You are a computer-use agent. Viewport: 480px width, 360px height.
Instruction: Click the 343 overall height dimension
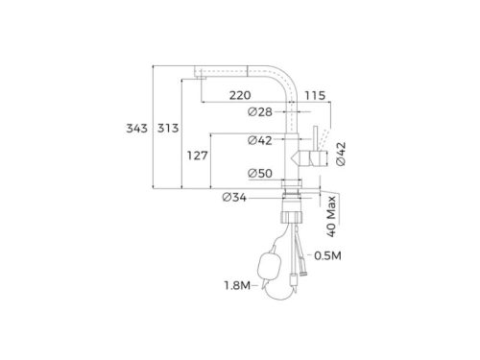coord(136,129)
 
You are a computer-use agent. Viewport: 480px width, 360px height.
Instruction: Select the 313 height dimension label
coord(168,129)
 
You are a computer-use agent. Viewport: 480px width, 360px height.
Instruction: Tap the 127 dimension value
coord(198,156)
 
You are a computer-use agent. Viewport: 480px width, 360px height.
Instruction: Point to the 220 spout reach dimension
coord(240,95)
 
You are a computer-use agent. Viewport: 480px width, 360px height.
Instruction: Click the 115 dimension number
coord(315,95)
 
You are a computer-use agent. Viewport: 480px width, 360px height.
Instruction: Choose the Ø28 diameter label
coord(260,112)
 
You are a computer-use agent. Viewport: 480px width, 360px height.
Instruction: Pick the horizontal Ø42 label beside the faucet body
coord(260,140)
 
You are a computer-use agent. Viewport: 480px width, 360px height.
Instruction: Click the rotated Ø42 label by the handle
coord(341,154)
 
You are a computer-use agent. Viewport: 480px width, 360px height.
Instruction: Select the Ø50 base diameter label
coord(260,174)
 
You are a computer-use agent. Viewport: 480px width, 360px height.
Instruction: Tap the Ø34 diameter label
coord(234,198)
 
